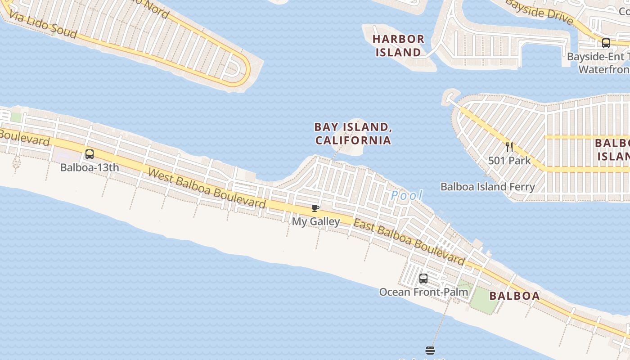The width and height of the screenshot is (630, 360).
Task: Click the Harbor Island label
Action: coord(398,46)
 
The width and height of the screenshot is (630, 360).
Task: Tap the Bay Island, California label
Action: coord(353,134)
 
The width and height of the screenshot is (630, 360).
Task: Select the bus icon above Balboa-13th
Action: coord(90,154)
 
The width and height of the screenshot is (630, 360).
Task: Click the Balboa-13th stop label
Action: coord(90,167)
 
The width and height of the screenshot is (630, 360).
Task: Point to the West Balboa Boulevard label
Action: coord(207,189)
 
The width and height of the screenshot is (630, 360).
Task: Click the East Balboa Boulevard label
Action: coord(409,242)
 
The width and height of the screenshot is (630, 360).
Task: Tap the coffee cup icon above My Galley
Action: coord(315,208)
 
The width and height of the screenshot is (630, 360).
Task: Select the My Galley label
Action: coord(316,221)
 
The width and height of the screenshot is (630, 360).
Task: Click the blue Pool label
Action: coord(407,195)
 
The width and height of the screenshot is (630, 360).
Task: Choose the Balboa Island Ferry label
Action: coord(488,187)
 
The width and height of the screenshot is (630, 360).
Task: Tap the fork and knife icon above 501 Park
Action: coord(509,147)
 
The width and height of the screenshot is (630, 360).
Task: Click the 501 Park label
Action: coord(509,161)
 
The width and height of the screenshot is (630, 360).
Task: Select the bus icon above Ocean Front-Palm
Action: coord(423,278)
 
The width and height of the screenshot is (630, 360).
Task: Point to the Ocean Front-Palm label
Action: coord(423,292)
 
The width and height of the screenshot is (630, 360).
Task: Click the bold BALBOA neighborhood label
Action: coord(514,296)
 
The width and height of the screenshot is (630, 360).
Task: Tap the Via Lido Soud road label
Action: coord(43,25)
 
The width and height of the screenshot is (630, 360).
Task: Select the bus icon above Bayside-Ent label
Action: coord(606,43)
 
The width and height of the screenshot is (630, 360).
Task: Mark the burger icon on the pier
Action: coord(430,350)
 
